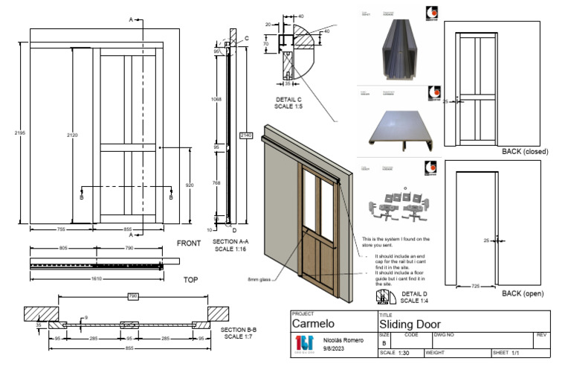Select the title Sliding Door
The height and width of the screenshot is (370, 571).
(x=410, y=325)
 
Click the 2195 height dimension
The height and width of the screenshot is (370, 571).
(x=19, y=133)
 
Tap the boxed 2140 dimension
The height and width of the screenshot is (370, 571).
(x=246, y=135)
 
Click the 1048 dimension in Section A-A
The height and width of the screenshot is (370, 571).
(x=216, y=98)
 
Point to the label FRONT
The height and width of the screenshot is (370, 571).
(x=189, y=243)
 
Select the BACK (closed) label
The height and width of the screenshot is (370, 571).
(x=525, y=152)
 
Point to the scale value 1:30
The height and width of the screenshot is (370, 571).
(x=404, y=353)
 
